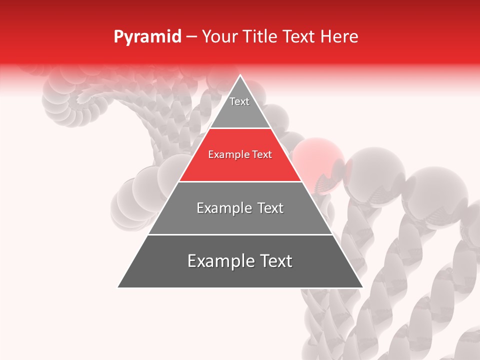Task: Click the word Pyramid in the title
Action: [147, 37]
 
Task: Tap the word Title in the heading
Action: [260, 36]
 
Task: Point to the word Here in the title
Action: [339, 36]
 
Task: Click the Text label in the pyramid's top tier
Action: [239, 101]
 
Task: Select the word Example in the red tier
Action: [227, 155]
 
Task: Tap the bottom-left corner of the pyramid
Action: [118, 287]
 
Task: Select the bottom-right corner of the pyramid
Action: [362, 287]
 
